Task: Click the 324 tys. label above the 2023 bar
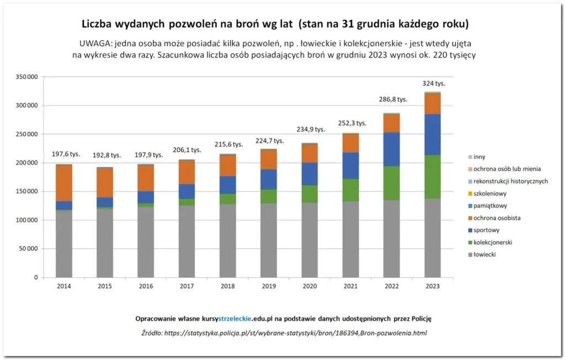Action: pyautogui.click(x=434, y=83)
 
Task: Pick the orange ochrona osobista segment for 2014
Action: pyautogui.click(x=64, y=183)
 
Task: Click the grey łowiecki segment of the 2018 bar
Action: pyautogui.click(x=228, y=241)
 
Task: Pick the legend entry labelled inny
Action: pyautogui.click(x=479, y=157)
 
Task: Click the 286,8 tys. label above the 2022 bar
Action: pyautogui.click(x=392, y=99)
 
